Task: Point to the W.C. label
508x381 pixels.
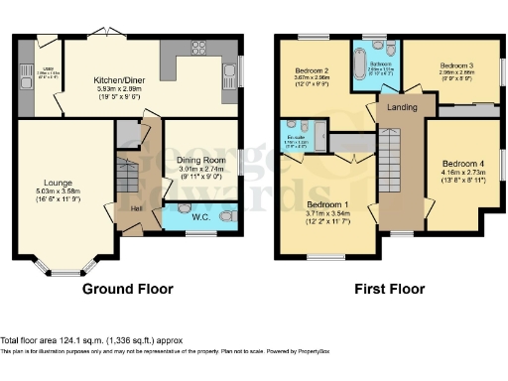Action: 198,216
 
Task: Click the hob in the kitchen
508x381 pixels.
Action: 197,47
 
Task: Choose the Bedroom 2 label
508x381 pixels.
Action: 317,71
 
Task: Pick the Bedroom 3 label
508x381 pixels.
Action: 461,65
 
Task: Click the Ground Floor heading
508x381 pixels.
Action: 127,290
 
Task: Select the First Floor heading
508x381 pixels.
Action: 389,290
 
